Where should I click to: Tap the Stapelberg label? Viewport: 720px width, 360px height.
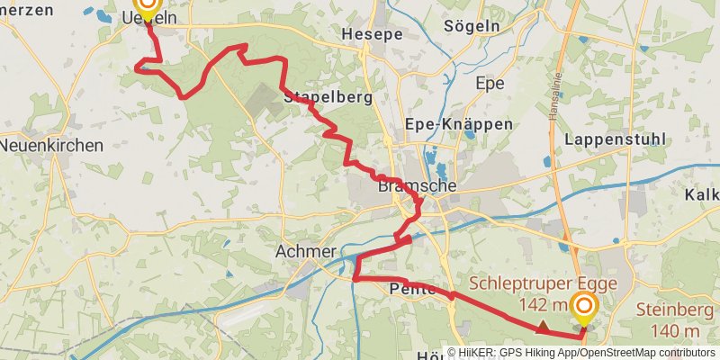pos(328,97)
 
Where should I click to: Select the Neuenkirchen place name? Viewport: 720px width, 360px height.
pos(51,145)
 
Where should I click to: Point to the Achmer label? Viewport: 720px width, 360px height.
pos(307,251)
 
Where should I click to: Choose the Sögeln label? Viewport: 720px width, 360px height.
pos(472,26)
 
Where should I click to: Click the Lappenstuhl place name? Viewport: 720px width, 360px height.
pos(616,139)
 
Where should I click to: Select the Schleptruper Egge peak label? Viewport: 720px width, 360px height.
pos(543,283)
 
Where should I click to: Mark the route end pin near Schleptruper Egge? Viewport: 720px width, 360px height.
pos(584,309)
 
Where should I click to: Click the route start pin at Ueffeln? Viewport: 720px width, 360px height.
pos(144,4)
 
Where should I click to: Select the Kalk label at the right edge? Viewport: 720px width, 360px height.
pos(702,194)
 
